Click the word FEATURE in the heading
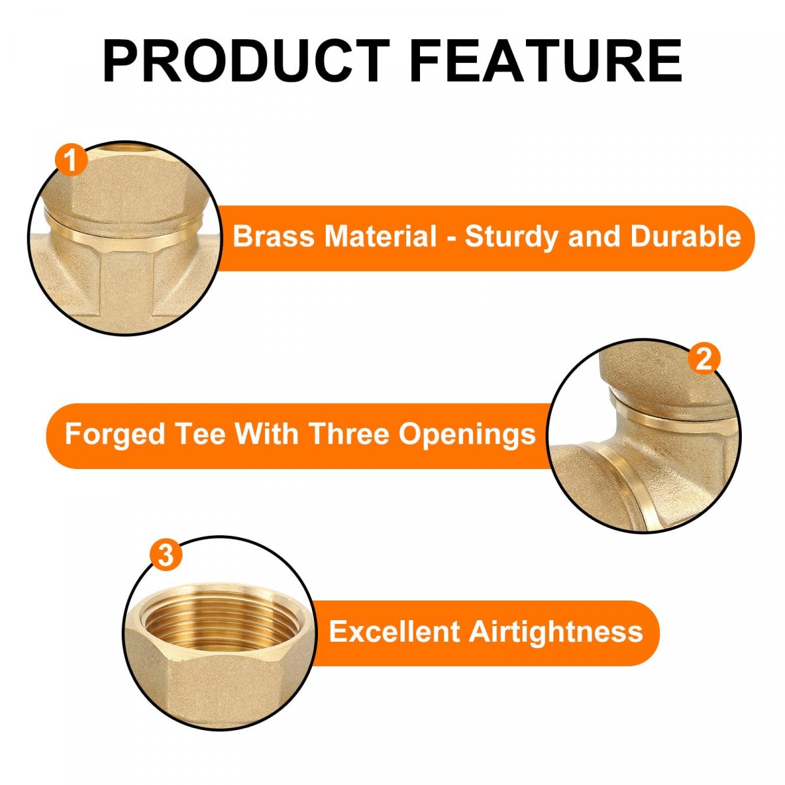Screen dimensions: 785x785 click(x=546, y=61)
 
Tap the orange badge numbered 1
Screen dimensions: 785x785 click(x=71, y=160)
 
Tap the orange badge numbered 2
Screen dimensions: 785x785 click(x=704, y=359)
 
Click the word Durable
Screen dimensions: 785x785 click(x=686, y=236)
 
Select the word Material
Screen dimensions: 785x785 click(x=381, y=236)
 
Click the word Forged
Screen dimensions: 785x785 click(x=114, y=435)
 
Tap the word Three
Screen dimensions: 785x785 click(x=349, y=434)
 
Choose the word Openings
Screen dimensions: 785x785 click(x=467, y=435)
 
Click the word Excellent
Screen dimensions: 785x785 click(x=394, y=632)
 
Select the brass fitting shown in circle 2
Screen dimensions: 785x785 click(x=644, y=436)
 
